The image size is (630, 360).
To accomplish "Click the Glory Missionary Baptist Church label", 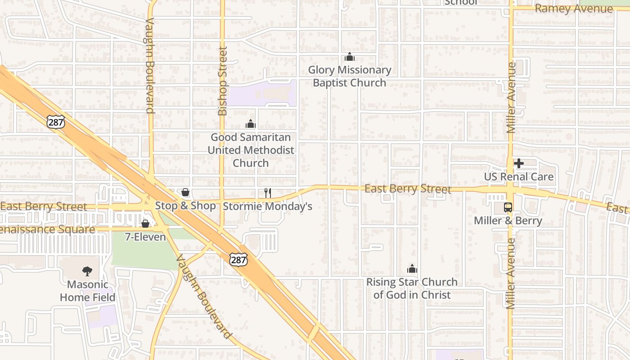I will [x=350, y=76].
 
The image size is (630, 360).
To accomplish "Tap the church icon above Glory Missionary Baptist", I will [x=350, y=57].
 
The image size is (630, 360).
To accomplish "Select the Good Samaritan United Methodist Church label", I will [x=251, y=150].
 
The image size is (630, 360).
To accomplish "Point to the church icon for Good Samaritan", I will [x=250, y=124].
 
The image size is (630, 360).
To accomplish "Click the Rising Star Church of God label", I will [x=412, y=288].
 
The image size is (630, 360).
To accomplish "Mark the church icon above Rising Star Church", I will [x=412, y=269].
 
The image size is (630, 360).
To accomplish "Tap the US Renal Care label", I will [x=519, y=176].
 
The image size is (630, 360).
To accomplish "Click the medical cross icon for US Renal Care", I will [x=519, y=163].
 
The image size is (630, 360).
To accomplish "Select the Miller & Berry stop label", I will [x=508, y=221].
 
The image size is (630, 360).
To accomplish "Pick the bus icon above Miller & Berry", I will [x=508, y=207].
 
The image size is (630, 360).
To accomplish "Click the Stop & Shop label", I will [x=185, y=206].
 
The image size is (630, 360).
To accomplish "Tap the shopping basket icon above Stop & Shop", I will [x=185, y=193].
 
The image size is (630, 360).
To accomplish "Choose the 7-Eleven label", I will [x=145, y=237].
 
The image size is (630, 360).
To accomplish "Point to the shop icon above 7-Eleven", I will [x=145, y=224].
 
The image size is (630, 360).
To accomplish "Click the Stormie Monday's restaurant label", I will [x=268, y=207].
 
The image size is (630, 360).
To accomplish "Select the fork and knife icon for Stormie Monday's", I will [x=268, y=193].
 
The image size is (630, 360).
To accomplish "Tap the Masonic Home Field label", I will [x=88, y=291].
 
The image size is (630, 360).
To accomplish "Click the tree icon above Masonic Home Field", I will [x=87, y=271].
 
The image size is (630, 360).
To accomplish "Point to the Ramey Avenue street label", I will [x=574, y=9].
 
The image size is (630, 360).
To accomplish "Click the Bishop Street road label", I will [x=222, y=81].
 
